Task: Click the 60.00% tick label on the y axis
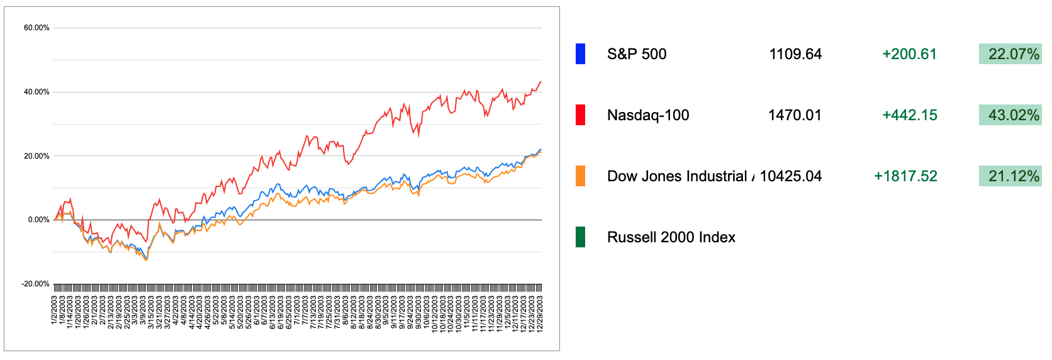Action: click(x=36, y=28)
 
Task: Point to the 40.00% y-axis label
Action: click(x=36, y=92)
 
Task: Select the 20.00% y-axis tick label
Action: click(x=36, y=156)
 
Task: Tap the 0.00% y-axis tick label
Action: click(x=38, y=220)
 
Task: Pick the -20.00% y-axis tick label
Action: click(x=35, y=284)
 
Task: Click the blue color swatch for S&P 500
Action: click(x=580, y=54)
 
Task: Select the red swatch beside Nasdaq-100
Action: click(x=580, y=115)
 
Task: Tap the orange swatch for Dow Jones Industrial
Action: click(x=580, y=176)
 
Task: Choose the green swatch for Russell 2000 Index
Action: click(x=580, y=237)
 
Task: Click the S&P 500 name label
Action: click(x=636, y=54)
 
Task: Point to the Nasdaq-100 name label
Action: click(x=647, y=115)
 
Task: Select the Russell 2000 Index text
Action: click(x=671, y=237)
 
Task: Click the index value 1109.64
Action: click(x=795, y=54)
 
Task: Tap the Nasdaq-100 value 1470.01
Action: click(x=795, y=115)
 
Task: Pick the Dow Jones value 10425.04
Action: click(x=790, y=176)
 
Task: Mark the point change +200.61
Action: click(x=909, y=54)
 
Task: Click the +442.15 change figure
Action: click(x=909, y=115)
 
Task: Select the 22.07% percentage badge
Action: click(x=1010, y=54)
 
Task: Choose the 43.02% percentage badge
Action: click(x=1010, y=115)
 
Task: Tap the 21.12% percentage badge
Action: click(x=1010, y=176)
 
